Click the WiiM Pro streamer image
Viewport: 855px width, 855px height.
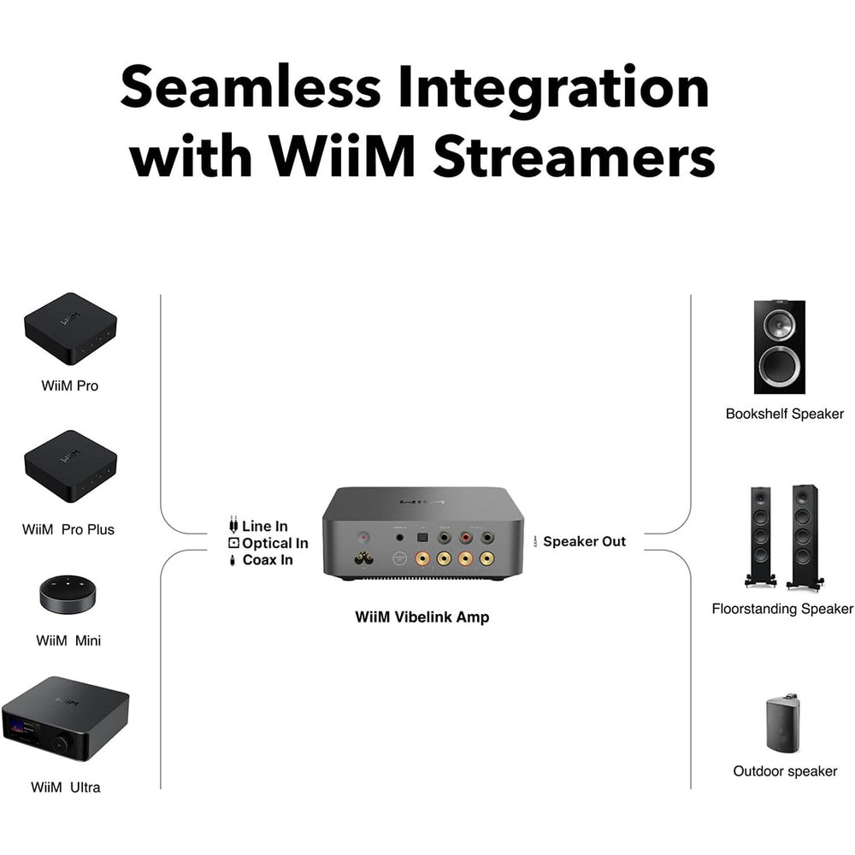(x=70, y=329)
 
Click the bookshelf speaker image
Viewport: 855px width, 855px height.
(x=779, y=346)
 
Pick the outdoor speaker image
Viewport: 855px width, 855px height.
(x=782, y=724)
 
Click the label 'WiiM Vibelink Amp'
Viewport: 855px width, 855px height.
(x=422, y=616)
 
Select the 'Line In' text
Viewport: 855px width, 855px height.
(x=264, y=526)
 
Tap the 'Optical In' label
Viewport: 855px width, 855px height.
(x=274, y=543)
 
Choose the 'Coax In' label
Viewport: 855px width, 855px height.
(x=268, y=560)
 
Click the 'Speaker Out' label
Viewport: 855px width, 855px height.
(x=584, y=541)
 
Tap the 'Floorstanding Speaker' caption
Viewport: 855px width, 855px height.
(x=782, y=609)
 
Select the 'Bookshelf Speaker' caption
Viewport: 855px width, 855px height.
(x=784, y=414)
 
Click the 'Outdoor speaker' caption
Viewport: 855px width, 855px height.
(x=785, y=771)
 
